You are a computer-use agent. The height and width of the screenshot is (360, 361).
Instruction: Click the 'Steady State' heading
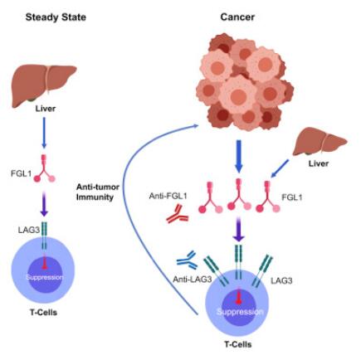click(56, 17)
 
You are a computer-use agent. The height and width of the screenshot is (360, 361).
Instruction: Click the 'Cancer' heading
click(237, 17)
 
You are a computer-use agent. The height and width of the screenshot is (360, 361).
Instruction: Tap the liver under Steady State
click(44, 85)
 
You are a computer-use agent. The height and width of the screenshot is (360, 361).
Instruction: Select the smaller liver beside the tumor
click(320, 142)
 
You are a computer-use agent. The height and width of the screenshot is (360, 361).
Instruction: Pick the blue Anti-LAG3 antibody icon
click(188, 260)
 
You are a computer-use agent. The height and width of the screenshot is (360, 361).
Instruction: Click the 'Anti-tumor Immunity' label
click(98, 192)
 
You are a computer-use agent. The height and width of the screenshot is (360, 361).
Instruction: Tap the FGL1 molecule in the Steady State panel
click(44, 168)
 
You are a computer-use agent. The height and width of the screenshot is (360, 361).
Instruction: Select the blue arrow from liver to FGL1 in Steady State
click(44, 133)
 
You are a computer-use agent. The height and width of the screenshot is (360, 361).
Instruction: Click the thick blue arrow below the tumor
click(238, 157)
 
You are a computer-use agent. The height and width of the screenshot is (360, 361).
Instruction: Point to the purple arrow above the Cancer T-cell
click(238, 229)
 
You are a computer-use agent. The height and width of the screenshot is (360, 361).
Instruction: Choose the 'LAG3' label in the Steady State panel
click(29, 230)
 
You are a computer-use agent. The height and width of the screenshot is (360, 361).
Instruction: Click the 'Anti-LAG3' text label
click(193, 279)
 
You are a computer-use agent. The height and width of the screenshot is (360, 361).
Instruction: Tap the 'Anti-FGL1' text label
click(168, 196)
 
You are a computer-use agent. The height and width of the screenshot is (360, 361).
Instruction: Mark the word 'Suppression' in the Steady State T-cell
click(45, 277)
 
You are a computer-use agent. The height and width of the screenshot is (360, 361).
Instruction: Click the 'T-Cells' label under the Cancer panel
click(238, 344)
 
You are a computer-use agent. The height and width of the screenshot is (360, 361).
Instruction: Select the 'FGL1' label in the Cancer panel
click(292, 197)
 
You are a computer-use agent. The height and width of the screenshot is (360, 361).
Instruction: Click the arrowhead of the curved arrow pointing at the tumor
click(197, 126)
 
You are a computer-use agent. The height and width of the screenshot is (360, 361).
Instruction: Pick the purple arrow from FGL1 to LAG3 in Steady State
click(44, 204)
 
